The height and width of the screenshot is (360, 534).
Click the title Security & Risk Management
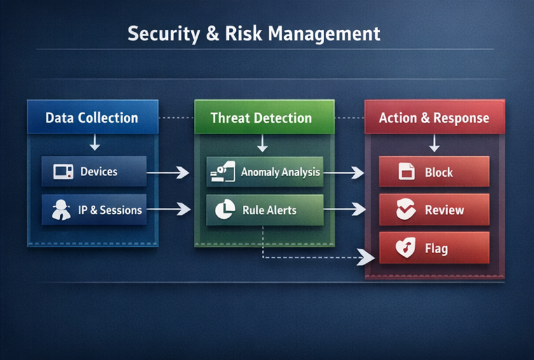[254, 34]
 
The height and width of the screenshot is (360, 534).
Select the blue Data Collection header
[93, 117]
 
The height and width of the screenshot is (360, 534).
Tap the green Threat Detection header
[264, 117]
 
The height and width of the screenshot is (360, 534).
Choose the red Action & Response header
[435, 117]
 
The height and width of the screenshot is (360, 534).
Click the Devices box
[94, 171]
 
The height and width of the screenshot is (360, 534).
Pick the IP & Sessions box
[94, 209]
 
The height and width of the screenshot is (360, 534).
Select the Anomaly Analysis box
[265, 172]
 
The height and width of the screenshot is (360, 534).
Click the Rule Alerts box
[265, 210]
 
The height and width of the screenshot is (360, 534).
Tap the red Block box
[434, 171]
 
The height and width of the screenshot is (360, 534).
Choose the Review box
[434, 209]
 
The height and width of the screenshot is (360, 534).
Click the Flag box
[434, 247]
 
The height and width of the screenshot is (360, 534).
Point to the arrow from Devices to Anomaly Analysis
[168, 172]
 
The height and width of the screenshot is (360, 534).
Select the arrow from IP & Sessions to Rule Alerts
[168, 209]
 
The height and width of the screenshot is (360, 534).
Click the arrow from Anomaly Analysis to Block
[344, 172]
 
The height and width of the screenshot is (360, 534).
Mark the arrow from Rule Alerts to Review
[345, 209]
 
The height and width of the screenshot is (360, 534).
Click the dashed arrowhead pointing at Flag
[366, 257]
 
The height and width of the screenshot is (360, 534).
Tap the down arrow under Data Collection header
[95, 142]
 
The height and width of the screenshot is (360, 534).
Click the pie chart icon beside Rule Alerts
[225, 209]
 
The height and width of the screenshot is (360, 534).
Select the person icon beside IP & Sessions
[61, 210]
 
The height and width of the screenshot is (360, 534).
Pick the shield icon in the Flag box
[406, 247]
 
